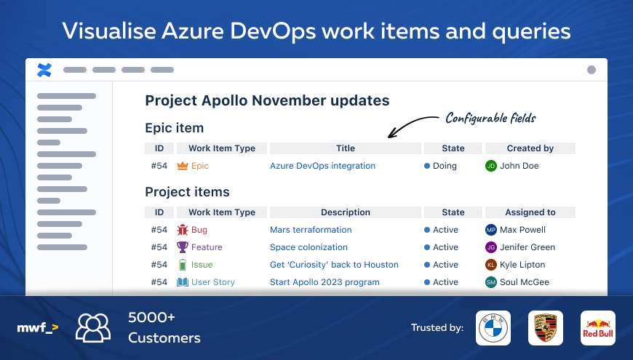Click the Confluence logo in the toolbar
tap(44, 70)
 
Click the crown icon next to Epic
tap(182, 166)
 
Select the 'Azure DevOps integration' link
tap(322, 166)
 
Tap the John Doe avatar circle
tap(491, 166)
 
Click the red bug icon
tap(182, 230)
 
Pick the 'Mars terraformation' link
tap(311, 230)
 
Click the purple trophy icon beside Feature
tap(182, 247)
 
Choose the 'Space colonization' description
tap(308, 247)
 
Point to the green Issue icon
tap(182, 265)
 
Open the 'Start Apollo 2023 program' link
tap(325, 282)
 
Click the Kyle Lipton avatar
tap(491, 265)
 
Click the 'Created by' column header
tap(530, 148)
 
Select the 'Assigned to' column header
tap(530, 212)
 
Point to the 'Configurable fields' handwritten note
tap(490, 118)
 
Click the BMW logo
tap(493, 328)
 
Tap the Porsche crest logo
tap(545, 328)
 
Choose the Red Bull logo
tap(597, 328)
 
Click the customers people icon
tap(93, 327)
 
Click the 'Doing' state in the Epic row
tap(445, 166)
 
